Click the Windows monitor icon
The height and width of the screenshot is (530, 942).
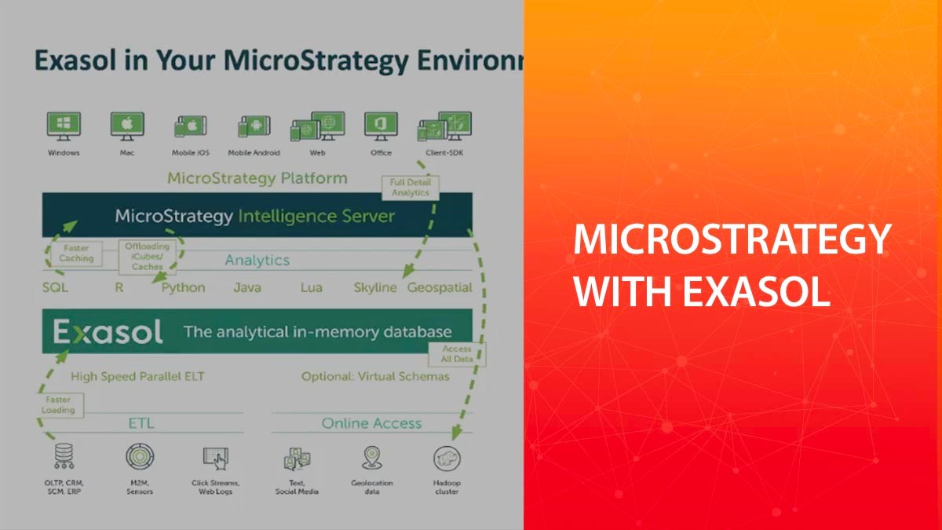(x=64, y=126)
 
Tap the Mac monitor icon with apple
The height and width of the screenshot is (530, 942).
(x=127, y=126)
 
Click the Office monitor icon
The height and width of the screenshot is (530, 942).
(x=381, y=126)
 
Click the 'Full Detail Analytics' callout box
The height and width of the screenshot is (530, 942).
(x=410, y=188)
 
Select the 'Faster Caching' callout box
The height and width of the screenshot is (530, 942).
(x=77, y=253)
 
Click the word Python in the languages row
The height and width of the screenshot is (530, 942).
(x=183, y=288)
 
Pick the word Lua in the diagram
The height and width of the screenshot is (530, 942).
(x=312, y=288)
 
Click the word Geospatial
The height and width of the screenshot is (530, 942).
(x=440, y=288)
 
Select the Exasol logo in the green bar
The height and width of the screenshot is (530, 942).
(x=108, y=332)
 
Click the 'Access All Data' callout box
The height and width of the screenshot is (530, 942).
(x=457, y=354)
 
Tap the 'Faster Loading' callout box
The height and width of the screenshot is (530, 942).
(x=59, y=404)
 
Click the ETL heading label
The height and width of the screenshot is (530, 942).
(x=141, y=424)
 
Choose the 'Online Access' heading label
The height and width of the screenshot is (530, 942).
(x=371, y=424)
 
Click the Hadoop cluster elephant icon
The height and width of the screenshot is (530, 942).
(x=447, y=459)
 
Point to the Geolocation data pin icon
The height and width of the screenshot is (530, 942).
(x=372, y=458)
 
